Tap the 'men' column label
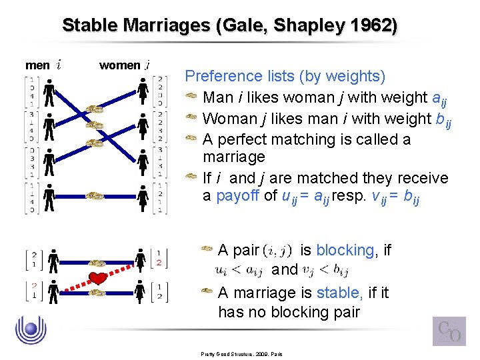pyautogui.click(x=37, y=65)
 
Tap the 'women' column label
pyautogui.click(x=119, y=65)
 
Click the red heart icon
pyautogui.click(x=98, y=277)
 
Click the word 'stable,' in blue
pyautogui.click(x=340, y=293)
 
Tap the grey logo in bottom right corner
pyautogui.click(x=449, y=331)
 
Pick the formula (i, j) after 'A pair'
pyautogui.click(x=277, y=251)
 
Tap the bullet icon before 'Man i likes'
pyautogui.click(x=191, y=98)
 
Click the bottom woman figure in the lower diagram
pyautogui.click(x=141, y=292)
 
